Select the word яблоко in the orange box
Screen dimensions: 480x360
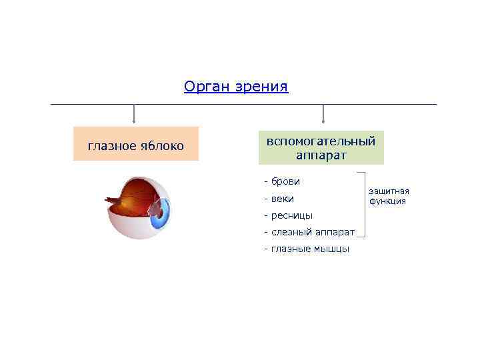(163, 145)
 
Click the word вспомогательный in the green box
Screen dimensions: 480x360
(321, 141)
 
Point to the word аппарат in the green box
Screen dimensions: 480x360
(321, 155)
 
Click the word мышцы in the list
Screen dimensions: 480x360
(332, 249)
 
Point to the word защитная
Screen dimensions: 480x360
(389, 191)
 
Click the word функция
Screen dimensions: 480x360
(388, 201)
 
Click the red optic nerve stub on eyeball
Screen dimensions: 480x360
(111, 199)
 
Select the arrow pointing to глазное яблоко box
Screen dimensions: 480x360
(135, 114)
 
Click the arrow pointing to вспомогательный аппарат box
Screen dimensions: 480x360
(323, 114)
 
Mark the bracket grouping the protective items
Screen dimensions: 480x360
(363, 204)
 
